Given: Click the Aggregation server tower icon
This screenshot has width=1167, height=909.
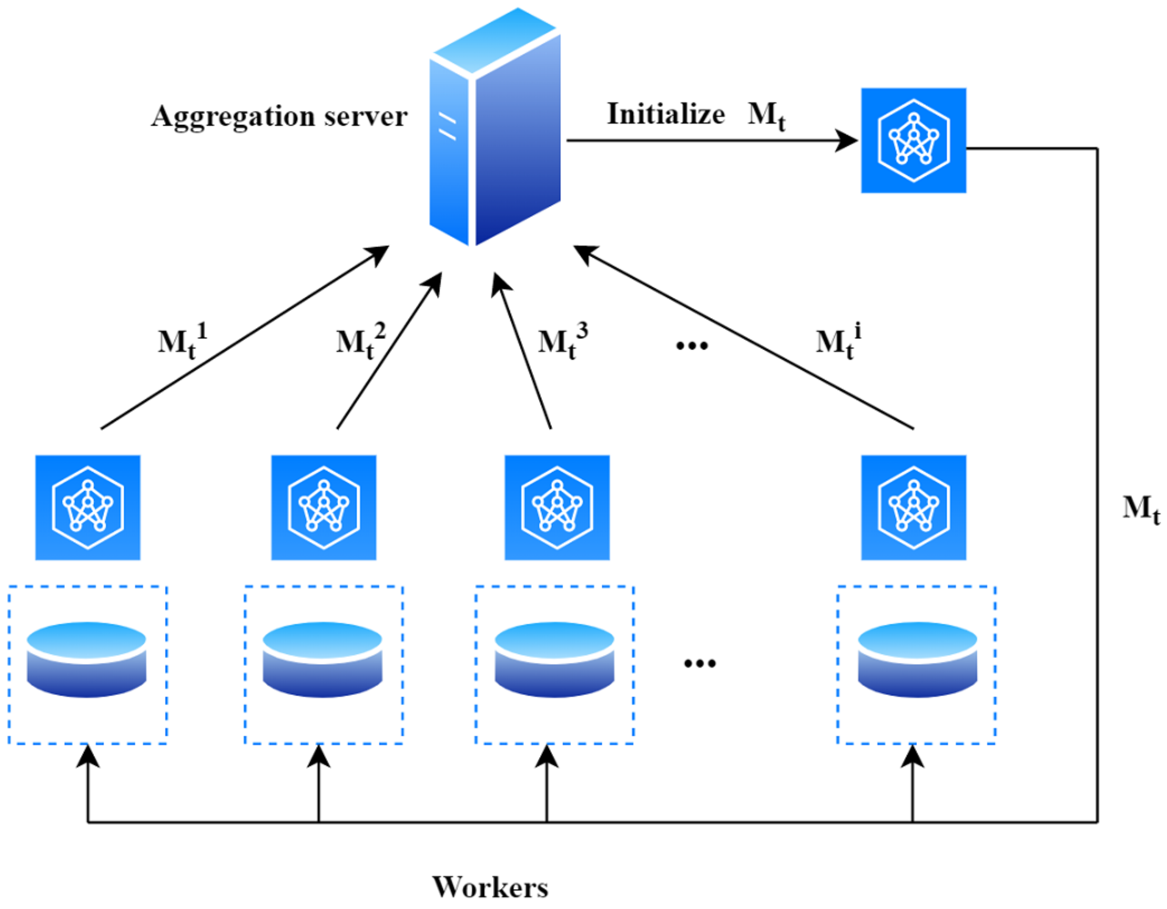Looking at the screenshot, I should tap(495, 128).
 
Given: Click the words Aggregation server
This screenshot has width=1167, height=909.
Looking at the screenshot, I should tap(279, 116).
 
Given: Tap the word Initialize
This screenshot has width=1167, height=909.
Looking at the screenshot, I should tap(666, 114).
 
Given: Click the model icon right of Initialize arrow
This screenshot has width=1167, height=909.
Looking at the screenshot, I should tap(913, 140).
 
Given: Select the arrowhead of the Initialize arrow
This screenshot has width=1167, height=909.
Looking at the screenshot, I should tap(847, 140).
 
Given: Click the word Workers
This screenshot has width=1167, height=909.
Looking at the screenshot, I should tap(490, 887).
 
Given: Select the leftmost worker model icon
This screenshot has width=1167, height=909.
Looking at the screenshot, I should tap(88, 508).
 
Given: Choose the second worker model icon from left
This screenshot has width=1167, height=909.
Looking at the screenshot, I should tap(323, 508).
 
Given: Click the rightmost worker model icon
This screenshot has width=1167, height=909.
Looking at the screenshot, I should tap(913, 508).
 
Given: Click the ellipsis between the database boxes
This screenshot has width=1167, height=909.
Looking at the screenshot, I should tap(699, 664).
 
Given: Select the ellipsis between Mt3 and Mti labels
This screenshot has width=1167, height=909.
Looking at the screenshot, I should tap(692, 346).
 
